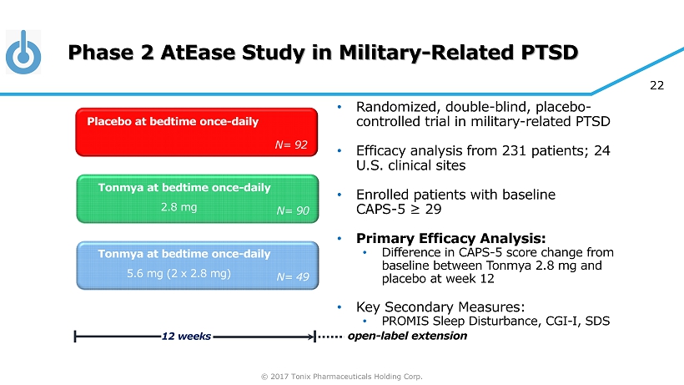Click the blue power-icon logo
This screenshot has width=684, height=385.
click(x=23, y=53)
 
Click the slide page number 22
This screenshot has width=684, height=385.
click(x=656, y=85)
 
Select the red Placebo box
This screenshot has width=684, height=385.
click(x=196, y=132)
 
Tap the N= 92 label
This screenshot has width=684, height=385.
click(x=291, y=144)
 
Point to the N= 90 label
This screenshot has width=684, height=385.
click(x=293, y=210)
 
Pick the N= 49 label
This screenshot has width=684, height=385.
click(x=293, y=276)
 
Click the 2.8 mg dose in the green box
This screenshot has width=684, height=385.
click(x=179, y=207)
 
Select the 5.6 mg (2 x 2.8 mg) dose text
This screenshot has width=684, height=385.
click(x=179, y=273)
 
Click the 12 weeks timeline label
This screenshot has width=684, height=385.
click(x=186, y=336)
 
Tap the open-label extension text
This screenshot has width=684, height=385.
click(x=407, y=336)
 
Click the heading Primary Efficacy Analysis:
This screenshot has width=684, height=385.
click(x=450, y=238)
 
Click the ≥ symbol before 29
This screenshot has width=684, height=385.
click(x=415, y=210)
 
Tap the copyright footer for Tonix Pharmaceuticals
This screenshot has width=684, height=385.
click(x=341, y=377)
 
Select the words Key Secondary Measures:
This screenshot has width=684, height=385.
click(x=440, y=306)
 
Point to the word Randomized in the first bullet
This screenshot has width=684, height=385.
click(x=396, y=107)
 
